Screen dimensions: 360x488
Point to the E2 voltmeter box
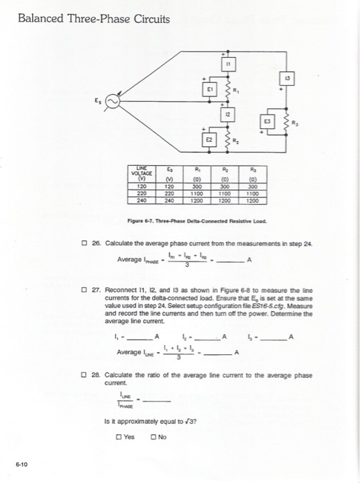(207, 139)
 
